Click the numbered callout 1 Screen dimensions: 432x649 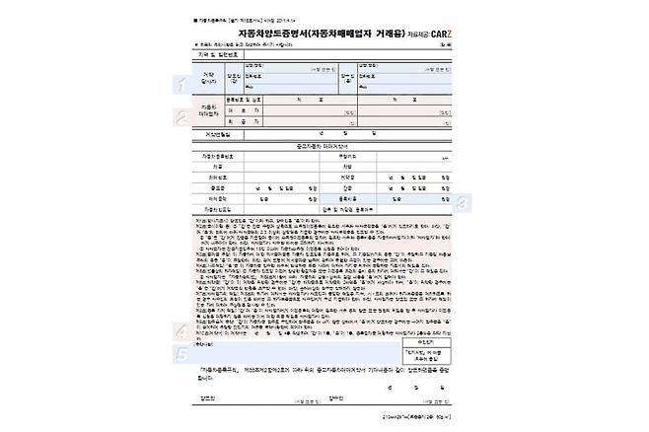point(180,85)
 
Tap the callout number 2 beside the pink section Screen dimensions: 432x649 point(180,116)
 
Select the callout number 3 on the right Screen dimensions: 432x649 point(465,203)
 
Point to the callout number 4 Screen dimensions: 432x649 point(180,331)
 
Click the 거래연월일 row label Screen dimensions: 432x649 point(215,134)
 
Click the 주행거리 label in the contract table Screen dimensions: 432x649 point(346,156)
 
